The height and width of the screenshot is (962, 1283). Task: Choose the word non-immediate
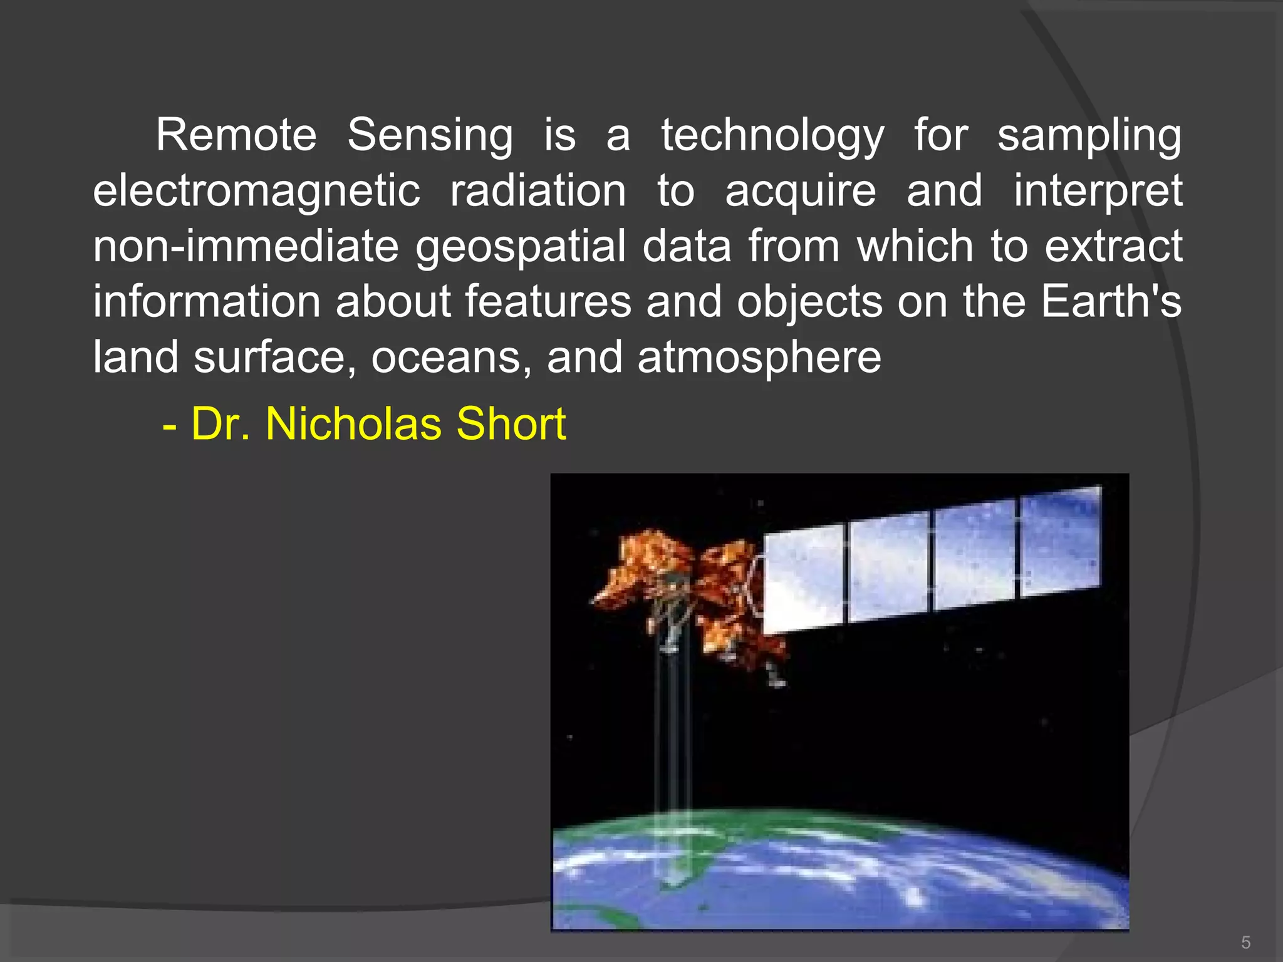246,246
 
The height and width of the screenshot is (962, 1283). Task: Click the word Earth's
1111,301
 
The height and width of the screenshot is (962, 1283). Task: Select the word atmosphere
759,357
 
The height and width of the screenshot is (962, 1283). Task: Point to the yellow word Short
511,424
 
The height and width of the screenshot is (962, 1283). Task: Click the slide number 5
1245,942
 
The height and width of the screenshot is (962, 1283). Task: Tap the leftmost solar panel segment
803,577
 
